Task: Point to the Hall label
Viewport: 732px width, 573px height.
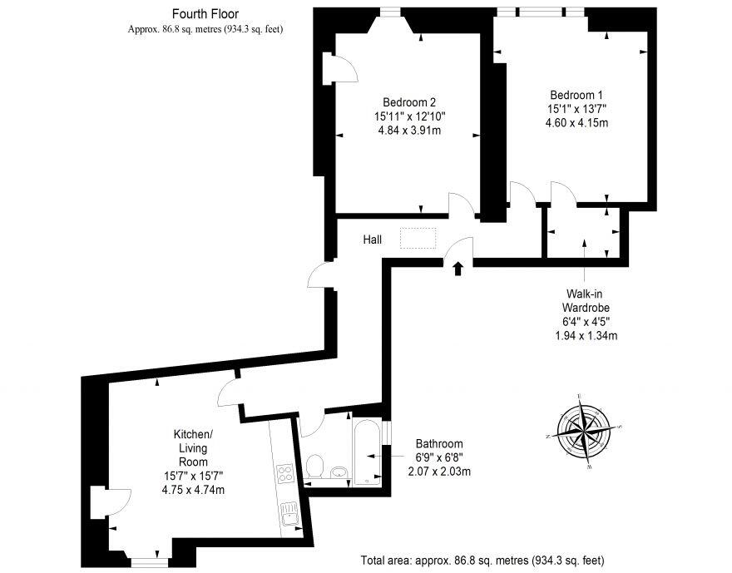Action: (x=372, y=240)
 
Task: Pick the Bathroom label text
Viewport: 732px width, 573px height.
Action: (x=438, y=443)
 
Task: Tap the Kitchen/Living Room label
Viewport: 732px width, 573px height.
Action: (x=193, y=448)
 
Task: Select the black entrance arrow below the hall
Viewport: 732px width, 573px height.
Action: (x=457, y=267)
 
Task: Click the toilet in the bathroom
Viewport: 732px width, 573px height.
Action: (x=314, y=467)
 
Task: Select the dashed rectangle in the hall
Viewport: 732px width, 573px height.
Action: (x=418, y=237)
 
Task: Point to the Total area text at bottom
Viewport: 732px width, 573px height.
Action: (x=482, y=559)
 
